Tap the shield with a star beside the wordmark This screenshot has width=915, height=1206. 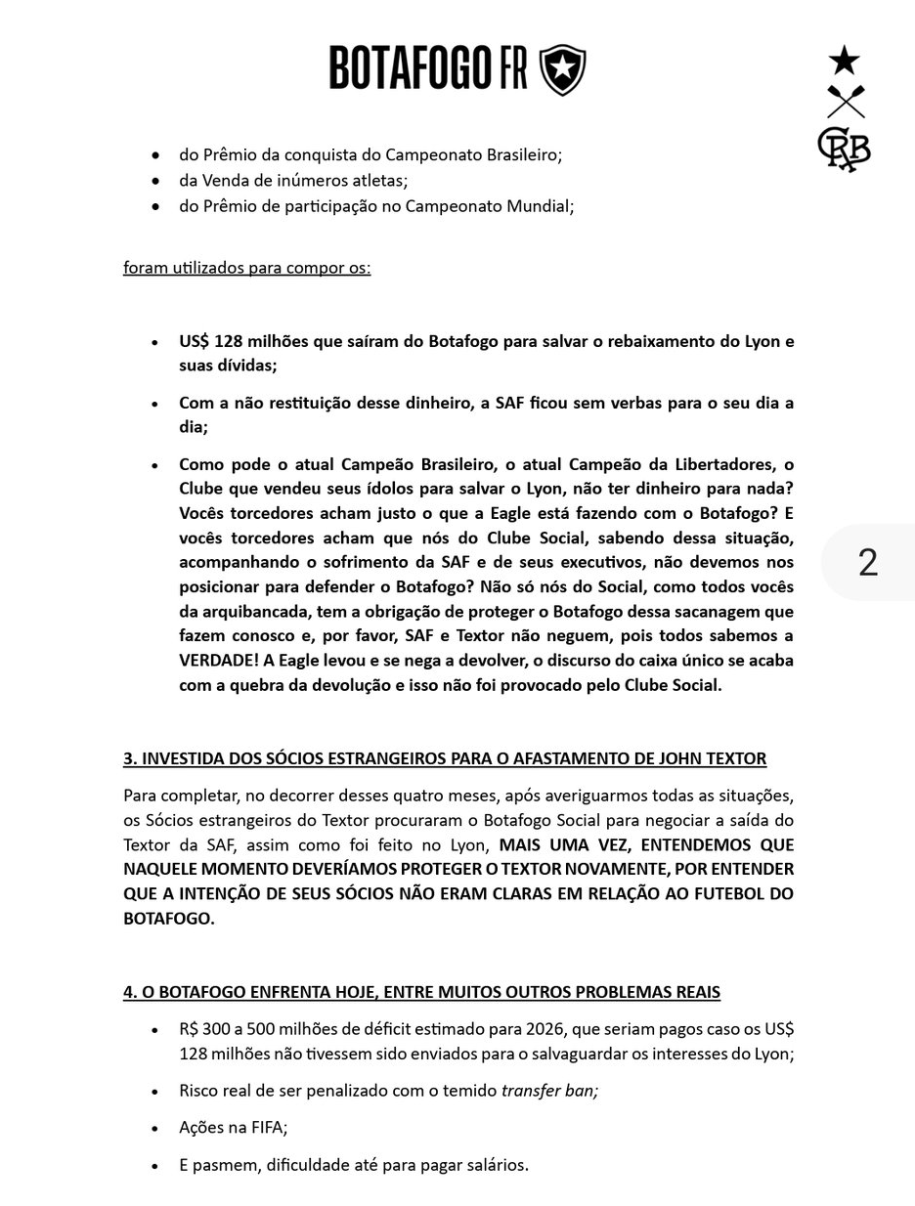563,69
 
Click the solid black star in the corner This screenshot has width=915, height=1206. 845,61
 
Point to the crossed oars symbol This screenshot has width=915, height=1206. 846,102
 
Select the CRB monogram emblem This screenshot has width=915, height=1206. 844,149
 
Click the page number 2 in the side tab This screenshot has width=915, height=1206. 868,562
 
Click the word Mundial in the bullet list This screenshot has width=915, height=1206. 539,206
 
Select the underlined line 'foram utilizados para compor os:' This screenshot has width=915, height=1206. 246,268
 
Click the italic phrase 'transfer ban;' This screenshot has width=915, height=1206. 549,1090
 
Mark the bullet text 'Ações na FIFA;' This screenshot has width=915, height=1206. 233,1127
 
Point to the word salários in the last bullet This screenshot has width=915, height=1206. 495,1164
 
